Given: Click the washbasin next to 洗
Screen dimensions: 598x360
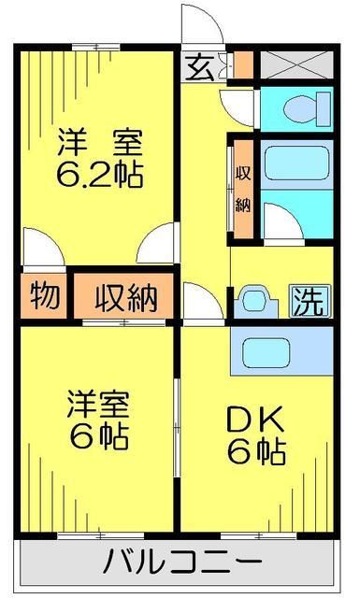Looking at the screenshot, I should click(x=253, y=301).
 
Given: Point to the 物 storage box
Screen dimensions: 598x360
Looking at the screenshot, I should click(x=44, y=296).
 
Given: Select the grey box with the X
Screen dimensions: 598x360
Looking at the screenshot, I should click(x=295, y=65).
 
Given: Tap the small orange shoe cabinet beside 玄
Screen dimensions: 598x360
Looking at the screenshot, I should click(x=242, y=65).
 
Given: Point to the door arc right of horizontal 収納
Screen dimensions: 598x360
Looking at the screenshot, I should click(x=199, y=301).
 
